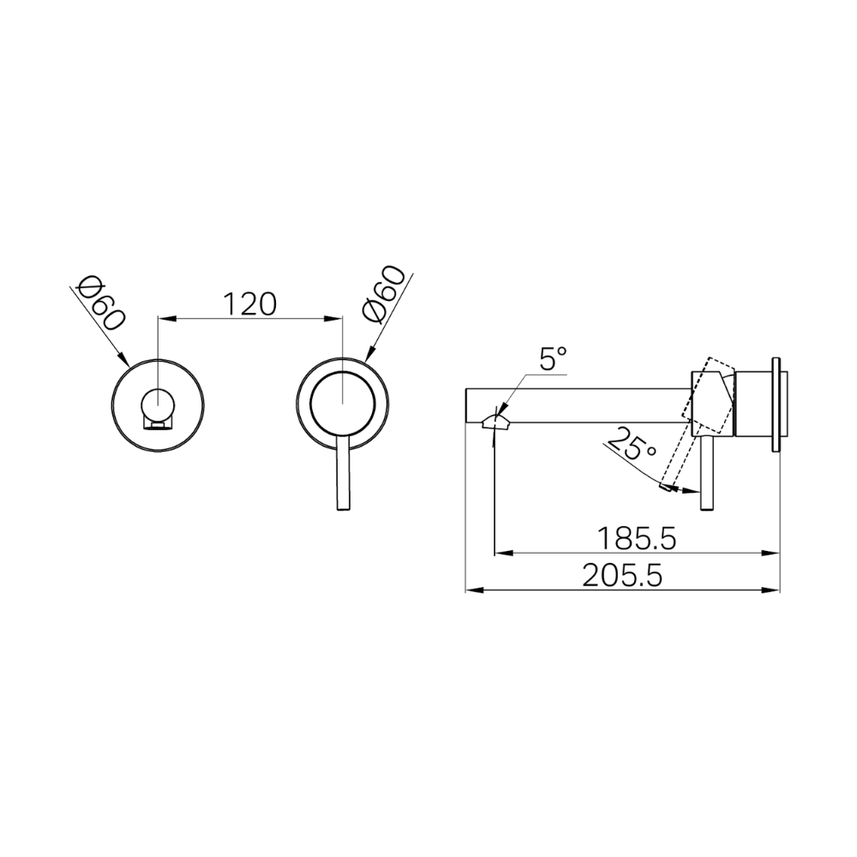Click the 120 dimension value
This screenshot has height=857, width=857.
tap(249, 303)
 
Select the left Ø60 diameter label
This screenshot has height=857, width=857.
tap(101, 304)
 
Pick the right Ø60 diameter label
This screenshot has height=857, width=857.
tap(383, 296)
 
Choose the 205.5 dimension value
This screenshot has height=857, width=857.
tap(623, 576)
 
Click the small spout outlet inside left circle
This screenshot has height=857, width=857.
tap(157, 423)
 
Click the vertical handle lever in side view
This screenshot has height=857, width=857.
tap(709, 475)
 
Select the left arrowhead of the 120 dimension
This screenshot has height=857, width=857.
tap(166, 319)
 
